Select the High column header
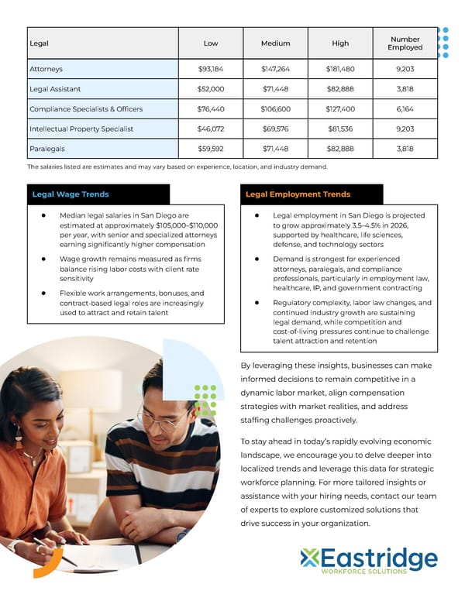(x=340, y=43)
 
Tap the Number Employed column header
(x=405, y=43)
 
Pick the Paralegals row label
(x=46, y=149)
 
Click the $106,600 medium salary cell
(x=275, y=109)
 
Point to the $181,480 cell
(x=340, y=69)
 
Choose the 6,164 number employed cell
(x=405, y=109)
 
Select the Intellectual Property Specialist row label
(x=81, y=129)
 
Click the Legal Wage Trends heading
(x=71, y=194)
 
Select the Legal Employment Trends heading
(x=298, y=194)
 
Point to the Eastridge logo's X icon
(x=310, y=557)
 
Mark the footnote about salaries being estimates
(x=177, y=167)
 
